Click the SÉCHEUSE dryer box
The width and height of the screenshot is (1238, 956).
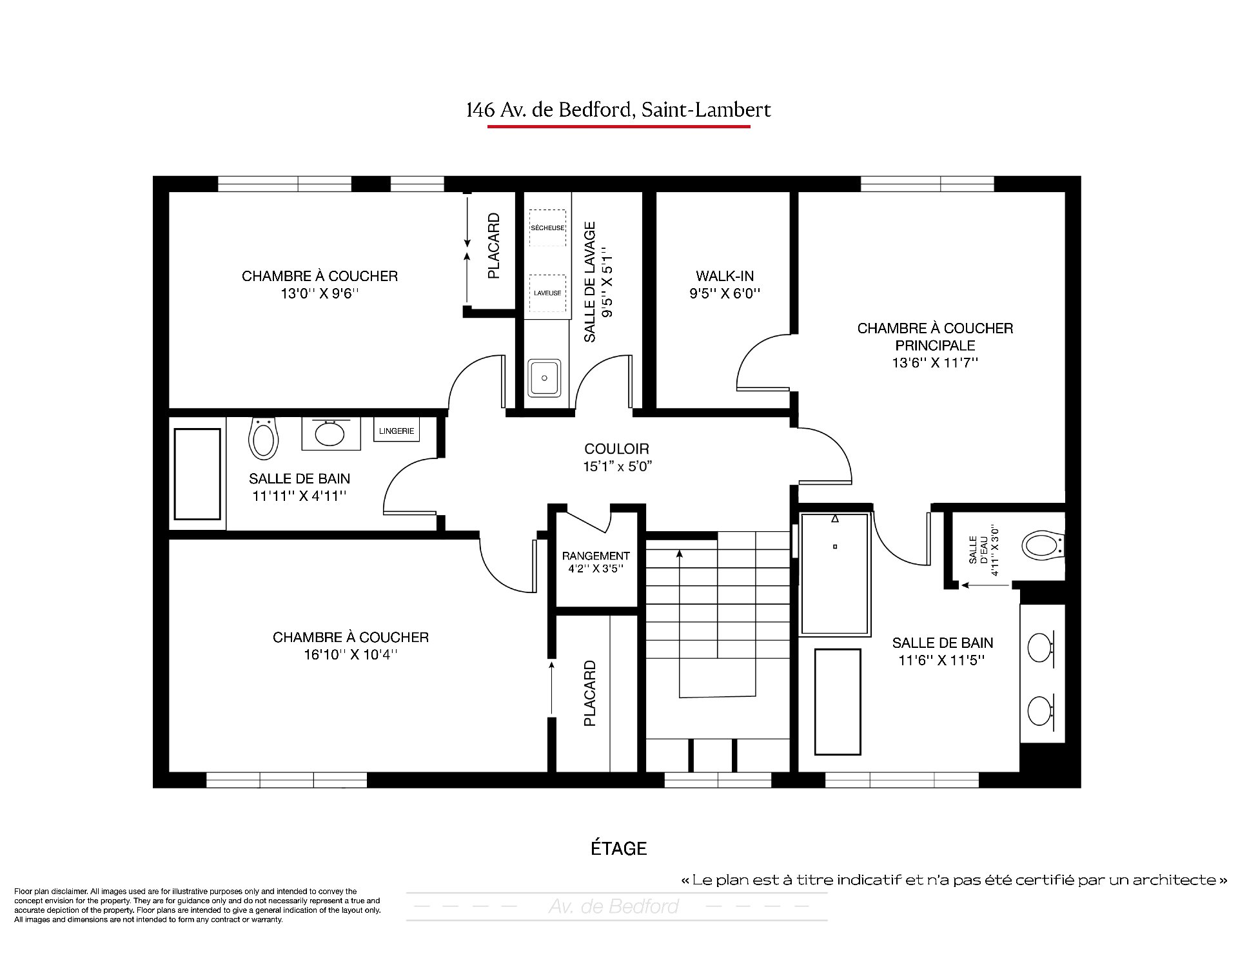(x=547, y=228)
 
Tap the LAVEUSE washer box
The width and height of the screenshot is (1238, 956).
(x=547, y=293)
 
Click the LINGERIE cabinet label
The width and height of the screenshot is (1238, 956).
(x=397, y=431)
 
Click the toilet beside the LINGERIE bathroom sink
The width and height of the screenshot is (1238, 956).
(x=263, y=438)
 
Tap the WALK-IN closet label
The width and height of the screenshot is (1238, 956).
(x=725, y=276)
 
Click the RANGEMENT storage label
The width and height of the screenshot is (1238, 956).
(x=596, y=556)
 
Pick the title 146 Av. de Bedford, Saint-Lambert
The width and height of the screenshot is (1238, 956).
(x=618, y=110)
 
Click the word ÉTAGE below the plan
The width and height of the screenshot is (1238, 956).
(x=619, y=848)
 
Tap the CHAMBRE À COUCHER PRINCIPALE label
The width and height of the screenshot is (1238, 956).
(x=935, y=337)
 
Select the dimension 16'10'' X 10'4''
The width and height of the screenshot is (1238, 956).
(x=351, y=655)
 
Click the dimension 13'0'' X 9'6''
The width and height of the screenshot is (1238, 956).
(x=320, y=294)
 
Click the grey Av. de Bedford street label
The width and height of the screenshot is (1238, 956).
(x=614, y=907)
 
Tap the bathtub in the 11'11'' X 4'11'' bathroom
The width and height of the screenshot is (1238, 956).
(x=198, y=474)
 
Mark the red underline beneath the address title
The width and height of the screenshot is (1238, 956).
(x=618, y=126)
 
